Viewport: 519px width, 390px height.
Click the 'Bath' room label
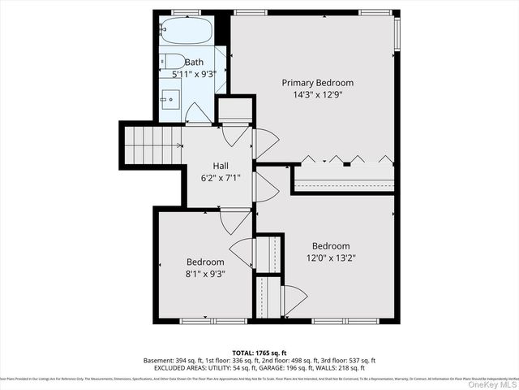click(195, 62)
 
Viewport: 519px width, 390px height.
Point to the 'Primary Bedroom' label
click(317, 83)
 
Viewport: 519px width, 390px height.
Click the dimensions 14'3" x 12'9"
click(317, 95)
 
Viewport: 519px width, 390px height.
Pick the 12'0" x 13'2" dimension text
click(331, 258)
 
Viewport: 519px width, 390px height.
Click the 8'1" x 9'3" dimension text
click(205, 274)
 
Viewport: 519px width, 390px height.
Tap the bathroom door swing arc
click(199, 113)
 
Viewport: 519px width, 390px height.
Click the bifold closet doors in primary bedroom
click(347, 158)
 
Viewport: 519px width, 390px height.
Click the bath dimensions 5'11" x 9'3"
click(195, 74)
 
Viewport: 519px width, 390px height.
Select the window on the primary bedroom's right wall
click(397, 32)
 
